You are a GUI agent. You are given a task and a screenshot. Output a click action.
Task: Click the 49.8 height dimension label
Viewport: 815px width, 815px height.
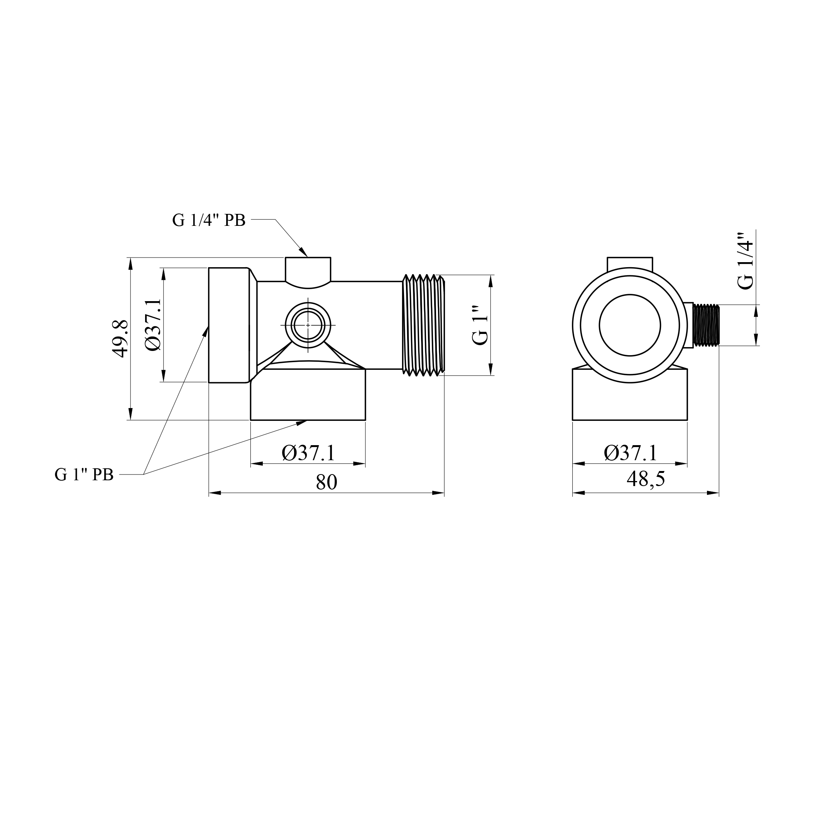[x=121, y=339]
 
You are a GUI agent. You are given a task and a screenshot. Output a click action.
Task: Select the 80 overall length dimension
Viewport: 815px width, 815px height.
[x=326, y=483]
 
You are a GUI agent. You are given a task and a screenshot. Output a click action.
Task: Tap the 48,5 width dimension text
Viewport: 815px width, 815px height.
[x=646, y=479]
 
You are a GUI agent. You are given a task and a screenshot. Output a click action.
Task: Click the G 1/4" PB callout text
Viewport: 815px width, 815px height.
[x=209, y=220]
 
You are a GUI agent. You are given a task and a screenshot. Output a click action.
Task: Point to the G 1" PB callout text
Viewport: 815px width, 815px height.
[x=84, y=475]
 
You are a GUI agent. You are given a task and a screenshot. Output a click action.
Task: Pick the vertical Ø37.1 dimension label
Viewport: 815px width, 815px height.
[x=153, y=325]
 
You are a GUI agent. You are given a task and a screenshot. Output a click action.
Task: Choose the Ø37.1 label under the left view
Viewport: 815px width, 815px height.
[x=308, y=453]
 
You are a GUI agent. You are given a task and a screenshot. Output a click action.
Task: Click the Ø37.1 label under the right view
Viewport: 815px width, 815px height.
[x=631, y=453]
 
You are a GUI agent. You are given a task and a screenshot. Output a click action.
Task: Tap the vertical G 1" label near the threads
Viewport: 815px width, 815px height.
[x=480, y=325]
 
